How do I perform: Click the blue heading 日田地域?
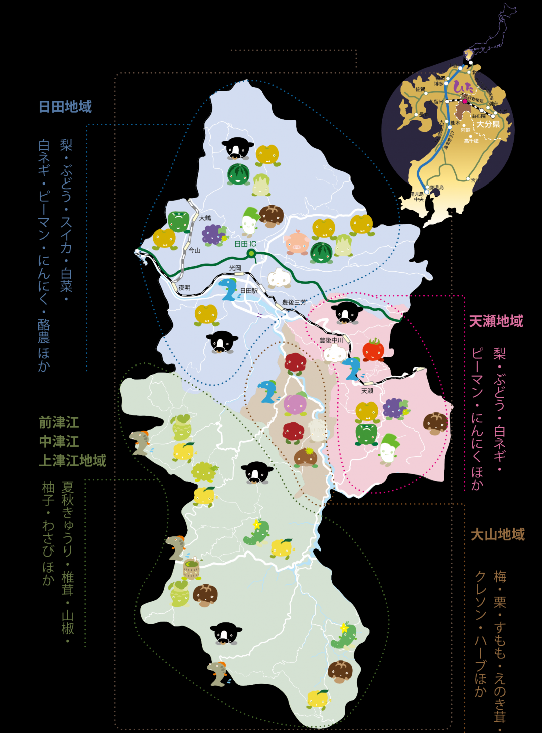[65, 107]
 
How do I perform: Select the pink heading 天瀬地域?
[496, 321]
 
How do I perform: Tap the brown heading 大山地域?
[497, 535]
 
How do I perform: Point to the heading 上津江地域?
[72, 461]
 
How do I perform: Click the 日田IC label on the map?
[245, 244]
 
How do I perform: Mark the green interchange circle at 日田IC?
[251, 253]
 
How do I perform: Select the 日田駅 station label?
[249, 291]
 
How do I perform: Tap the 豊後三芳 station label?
[294, 303]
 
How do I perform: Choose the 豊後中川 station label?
[331, 340]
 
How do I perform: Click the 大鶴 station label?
[205, 218]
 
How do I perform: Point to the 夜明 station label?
[184, 288]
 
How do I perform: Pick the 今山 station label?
[194, 250]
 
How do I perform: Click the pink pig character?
[296, 242]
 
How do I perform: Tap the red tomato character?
[373, 350]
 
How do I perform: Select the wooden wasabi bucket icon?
[191, 569]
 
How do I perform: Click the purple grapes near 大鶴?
[214, 234]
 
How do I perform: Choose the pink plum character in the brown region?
[295, 404]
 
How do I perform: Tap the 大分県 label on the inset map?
[488, 124]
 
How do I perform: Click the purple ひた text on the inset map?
[462, 87]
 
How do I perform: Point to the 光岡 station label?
[235, 268]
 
